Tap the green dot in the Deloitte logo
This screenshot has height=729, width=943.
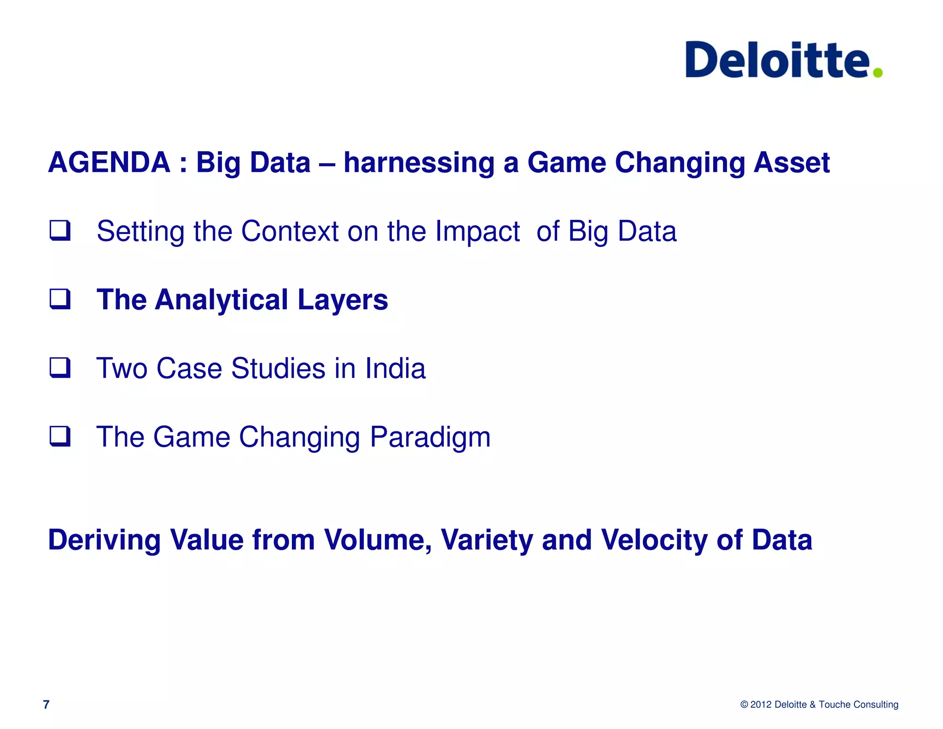(878, 72)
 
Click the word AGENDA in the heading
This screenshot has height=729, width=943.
(109, 163)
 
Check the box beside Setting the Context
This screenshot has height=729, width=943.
(60, 230)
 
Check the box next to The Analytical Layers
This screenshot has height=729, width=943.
(60, 299)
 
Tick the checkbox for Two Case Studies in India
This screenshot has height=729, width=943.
(60, 368)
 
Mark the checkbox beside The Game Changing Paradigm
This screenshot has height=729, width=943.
(60, 436)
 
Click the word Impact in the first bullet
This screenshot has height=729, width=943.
(477, 231)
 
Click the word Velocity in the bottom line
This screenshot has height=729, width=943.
(654, 540)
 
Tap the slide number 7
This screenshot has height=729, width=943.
(46, 705)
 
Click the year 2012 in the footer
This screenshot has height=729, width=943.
(761, 705)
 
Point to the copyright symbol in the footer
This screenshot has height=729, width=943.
(744, 705)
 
